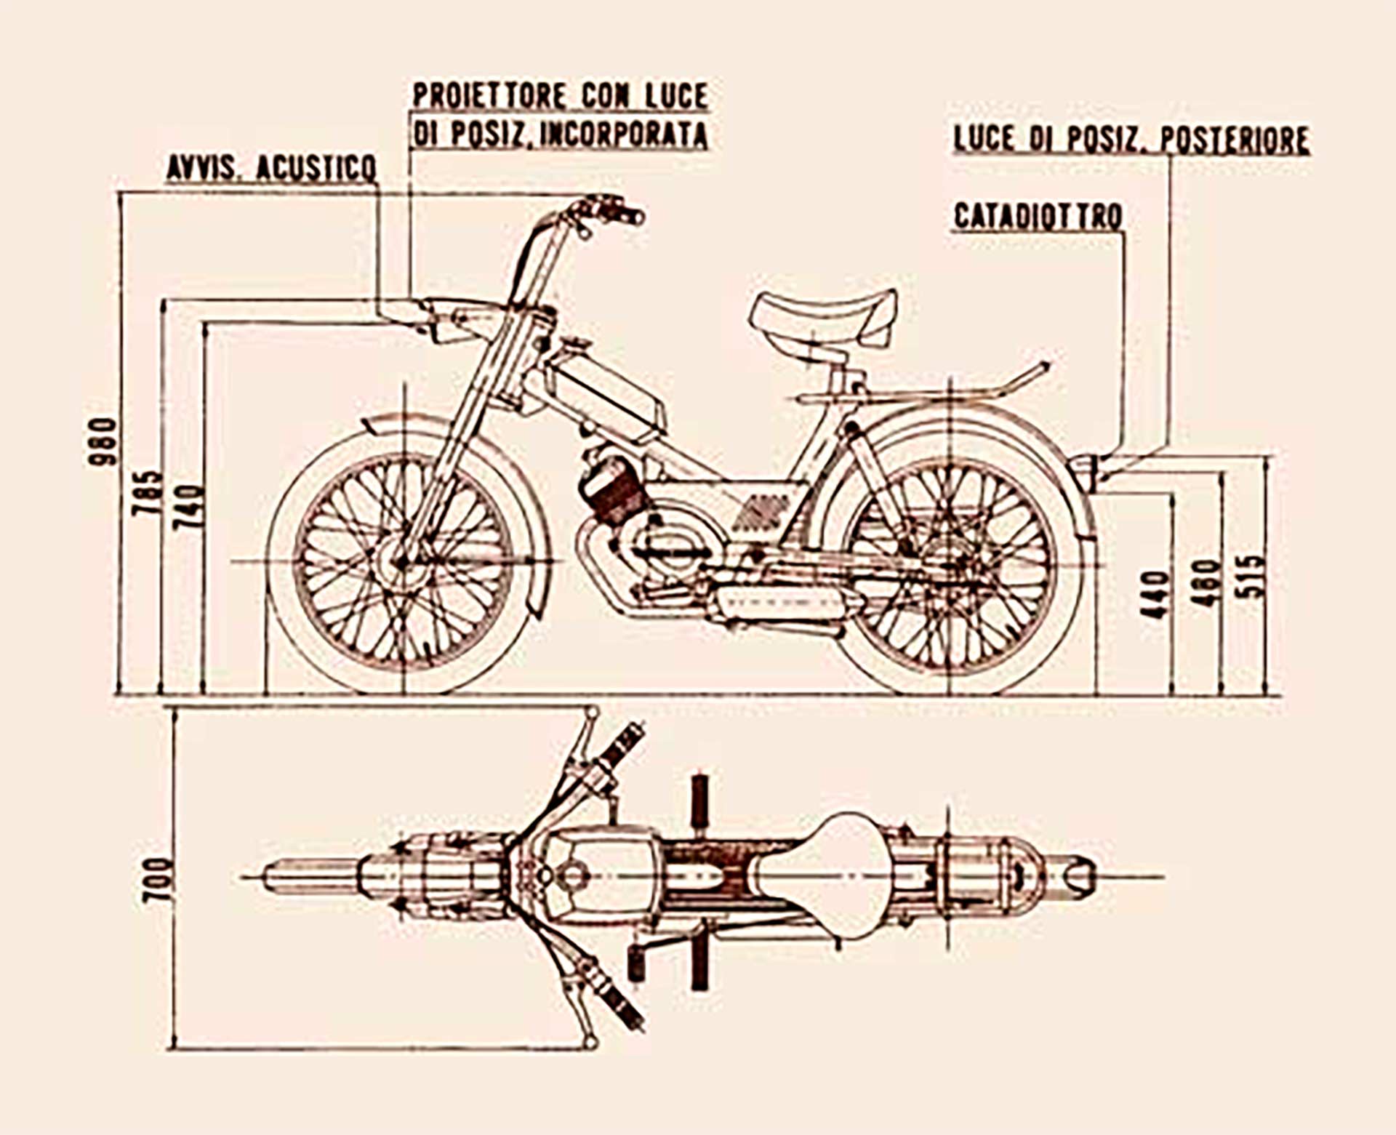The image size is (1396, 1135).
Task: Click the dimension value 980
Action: coord(102,441)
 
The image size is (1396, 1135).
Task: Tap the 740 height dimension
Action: coord(190,507)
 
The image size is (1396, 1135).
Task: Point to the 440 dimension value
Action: coord(1155,595)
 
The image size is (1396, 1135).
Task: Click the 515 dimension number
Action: coord(1251,577)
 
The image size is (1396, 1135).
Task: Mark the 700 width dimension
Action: coord(158,880)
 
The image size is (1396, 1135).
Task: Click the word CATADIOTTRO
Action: coord(1038,217)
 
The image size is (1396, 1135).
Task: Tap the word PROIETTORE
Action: coord(489,96)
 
